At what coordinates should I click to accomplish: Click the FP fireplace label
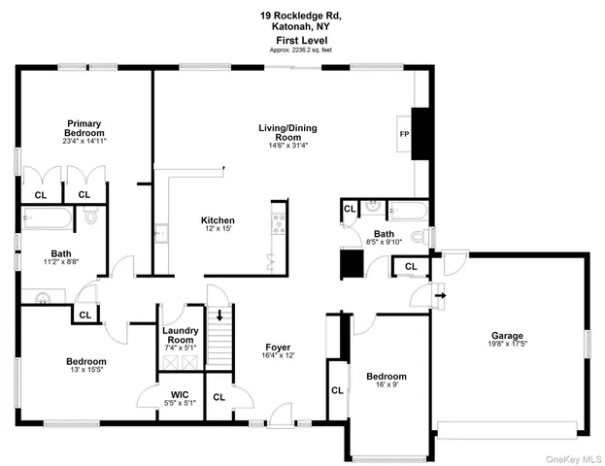(x=402, y=134)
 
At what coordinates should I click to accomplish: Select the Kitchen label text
(x=218, y=219)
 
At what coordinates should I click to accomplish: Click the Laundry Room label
(x=181, y=335)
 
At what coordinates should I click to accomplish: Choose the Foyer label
(x=278, y=347)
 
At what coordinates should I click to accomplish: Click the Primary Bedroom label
(x=84, y=128)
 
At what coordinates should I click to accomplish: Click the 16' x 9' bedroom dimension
(x=386, y=385)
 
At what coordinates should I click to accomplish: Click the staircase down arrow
(x=220, y=314)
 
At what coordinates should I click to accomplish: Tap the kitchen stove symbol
(x=278, y=223)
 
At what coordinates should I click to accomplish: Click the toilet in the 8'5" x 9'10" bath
(x=417, y=236)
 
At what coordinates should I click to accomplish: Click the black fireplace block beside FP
(x=420, y=133)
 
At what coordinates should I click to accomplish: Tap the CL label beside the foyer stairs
(x=218, y=396)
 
